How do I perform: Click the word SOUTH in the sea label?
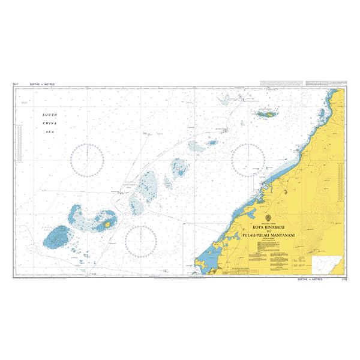tap(49, 115)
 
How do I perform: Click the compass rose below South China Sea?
tap(88, 160)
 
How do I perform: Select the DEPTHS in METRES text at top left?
tap(42, 85)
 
